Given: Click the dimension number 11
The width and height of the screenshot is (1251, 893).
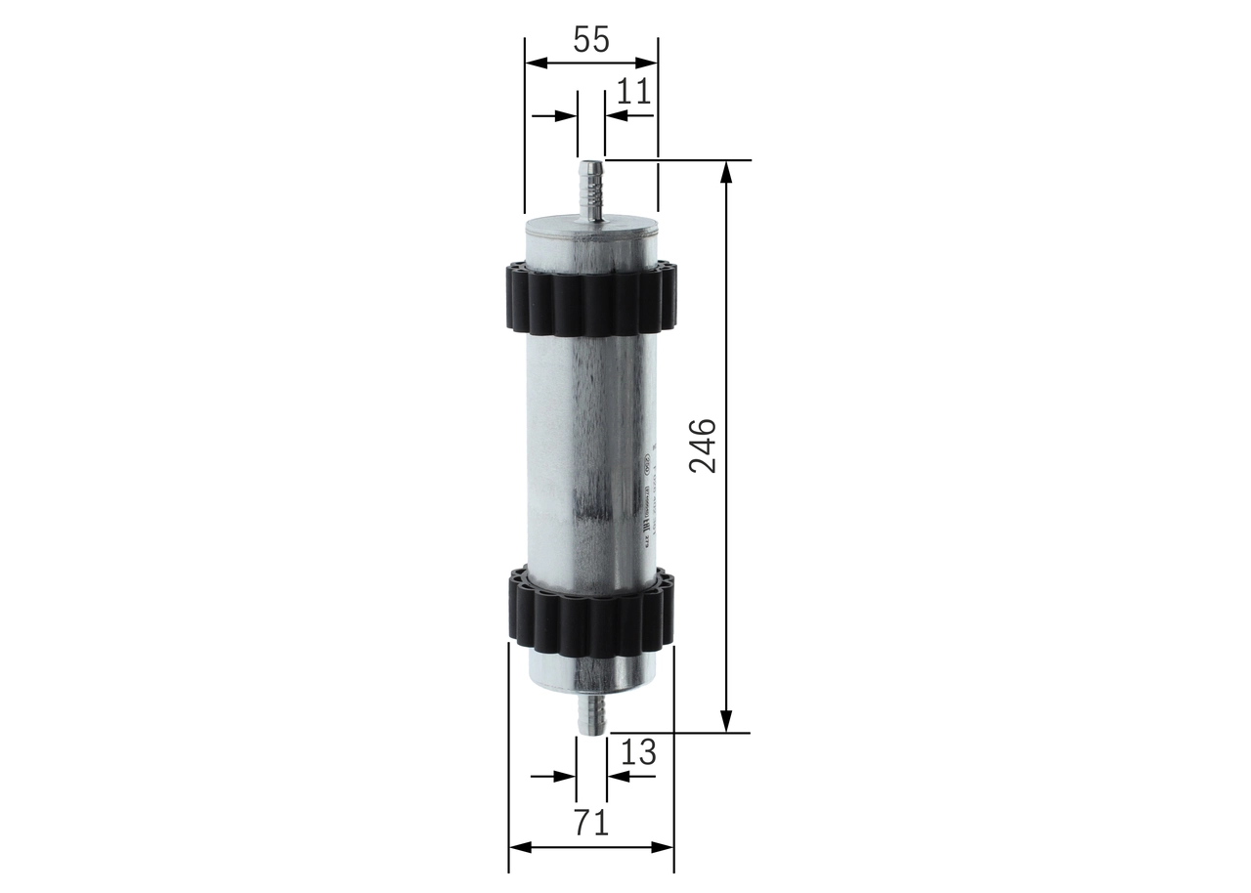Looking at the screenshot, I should (x=633, y=91).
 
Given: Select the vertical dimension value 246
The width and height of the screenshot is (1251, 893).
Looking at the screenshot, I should (x=702, y=446).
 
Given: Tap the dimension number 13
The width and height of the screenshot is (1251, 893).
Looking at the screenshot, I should (x=637, y=752).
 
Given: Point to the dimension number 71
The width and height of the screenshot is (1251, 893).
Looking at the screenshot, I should (x=590, y=823).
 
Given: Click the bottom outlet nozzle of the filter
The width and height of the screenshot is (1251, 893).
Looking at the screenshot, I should (x=591, y=713).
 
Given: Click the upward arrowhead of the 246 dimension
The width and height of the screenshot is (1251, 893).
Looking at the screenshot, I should (x=725, y=172).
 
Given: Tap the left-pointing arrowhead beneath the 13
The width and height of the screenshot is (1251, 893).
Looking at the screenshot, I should (x=618, y=777).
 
